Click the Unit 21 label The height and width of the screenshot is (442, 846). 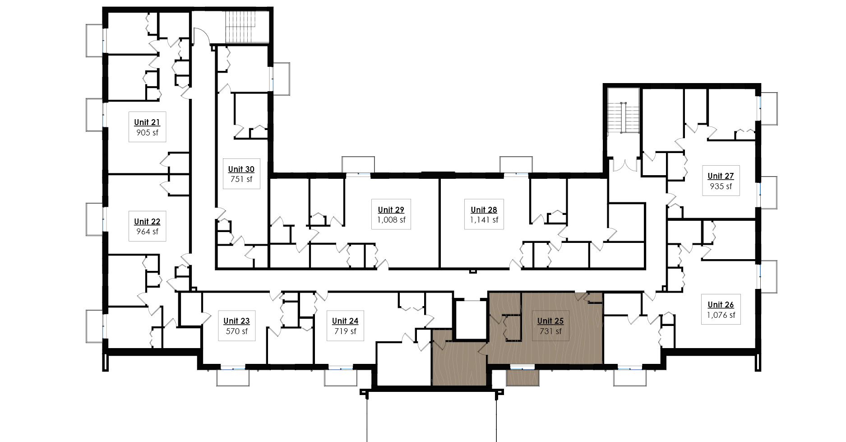(x=147, y=122)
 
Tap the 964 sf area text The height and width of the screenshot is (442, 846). (x=147, y=232)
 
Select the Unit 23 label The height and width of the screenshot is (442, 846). (x=236, y=321)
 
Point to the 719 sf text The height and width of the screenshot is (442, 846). (x=345, y=331)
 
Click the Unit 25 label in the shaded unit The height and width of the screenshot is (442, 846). (x=550, y=321)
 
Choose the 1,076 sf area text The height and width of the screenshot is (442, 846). (x=721, y=315)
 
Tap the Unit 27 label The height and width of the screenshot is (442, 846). (x=721, y=176)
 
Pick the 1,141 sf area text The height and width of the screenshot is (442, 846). (x=484, y=220)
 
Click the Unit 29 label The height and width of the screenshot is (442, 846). (x=391, y=210)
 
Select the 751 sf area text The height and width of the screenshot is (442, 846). (x=241, y=179)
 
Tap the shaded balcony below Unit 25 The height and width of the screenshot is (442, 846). (x=522, y=377)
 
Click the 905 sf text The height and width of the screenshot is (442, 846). (x=147, y=133)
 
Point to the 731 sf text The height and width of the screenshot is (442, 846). (x=550, y=331)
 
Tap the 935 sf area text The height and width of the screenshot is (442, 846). (x=721, y=186)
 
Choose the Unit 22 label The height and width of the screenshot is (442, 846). (x=147, y=222)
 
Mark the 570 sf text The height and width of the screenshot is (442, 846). (x=236, y=331)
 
